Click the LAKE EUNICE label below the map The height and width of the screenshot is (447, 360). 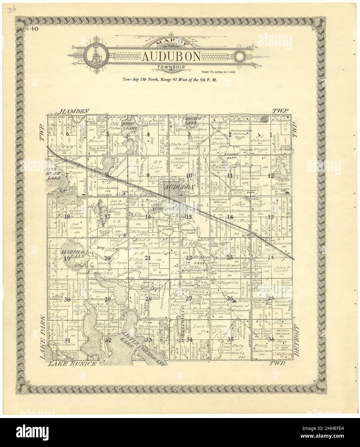72,364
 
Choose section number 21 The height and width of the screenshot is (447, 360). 148,258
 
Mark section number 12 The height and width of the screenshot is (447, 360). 271,175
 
